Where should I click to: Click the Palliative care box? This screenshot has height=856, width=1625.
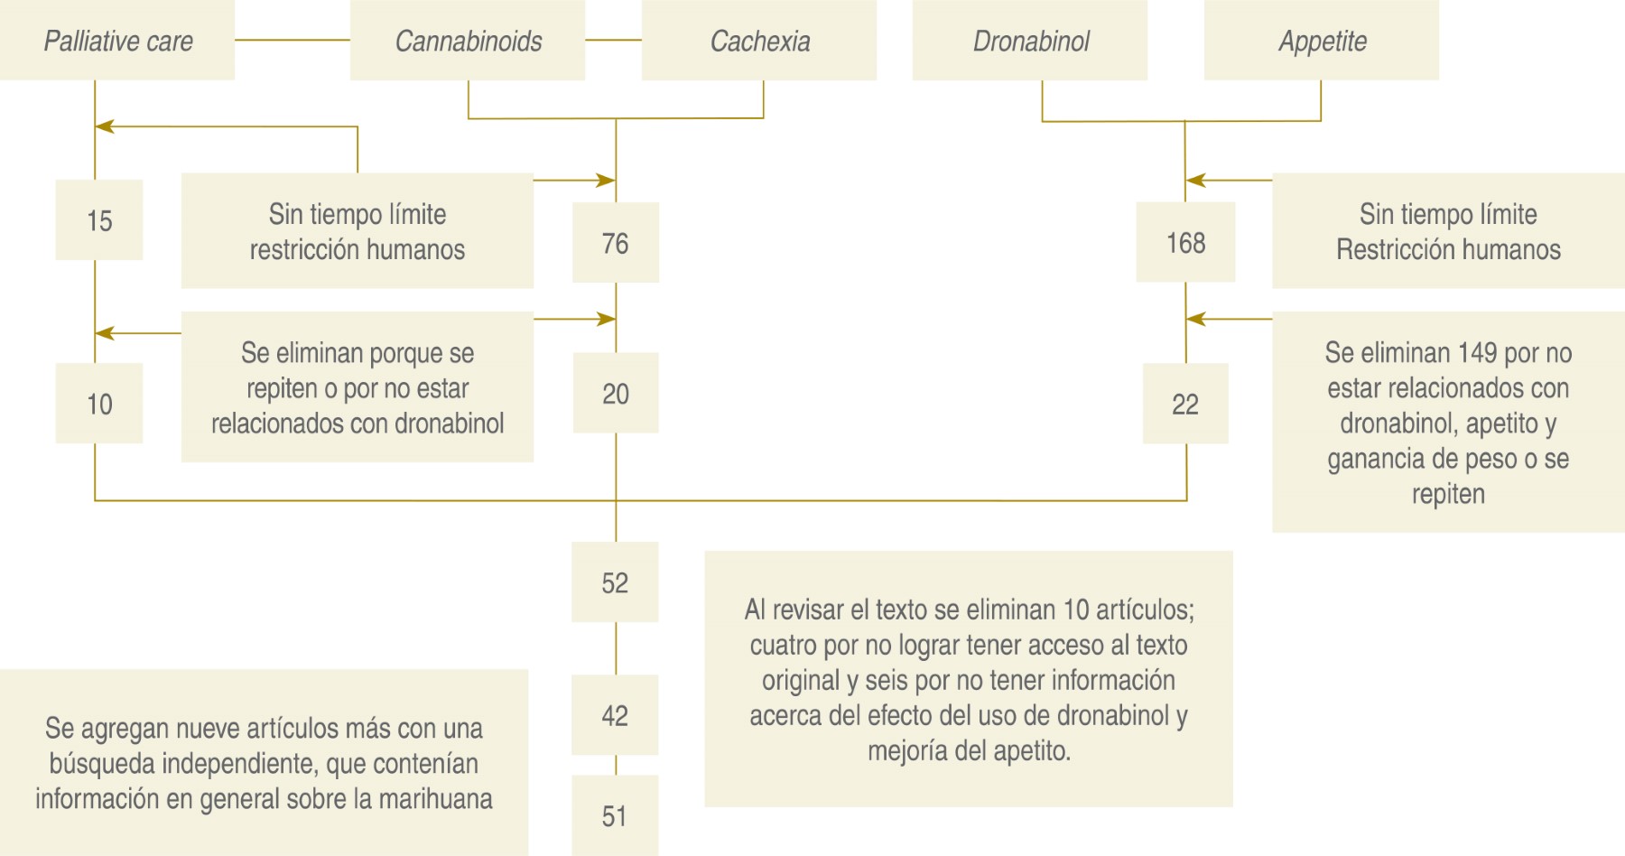(117, 41)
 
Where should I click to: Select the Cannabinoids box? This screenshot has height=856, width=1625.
(468, 41)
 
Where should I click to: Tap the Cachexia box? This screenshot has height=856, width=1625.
(759, 41)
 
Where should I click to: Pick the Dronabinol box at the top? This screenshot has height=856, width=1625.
(1030, 41)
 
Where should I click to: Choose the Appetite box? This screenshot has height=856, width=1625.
(1322, 41)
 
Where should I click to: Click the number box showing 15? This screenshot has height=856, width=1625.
(99, 220)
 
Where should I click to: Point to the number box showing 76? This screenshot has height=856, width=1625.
(616, 243)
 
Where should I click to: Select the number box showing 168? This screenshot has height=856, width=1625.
(1185, 243)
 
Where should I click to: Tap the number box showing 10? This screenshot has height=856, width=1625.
(99, 404)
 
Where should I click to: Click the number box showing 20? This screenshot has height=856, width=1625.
(616, 394)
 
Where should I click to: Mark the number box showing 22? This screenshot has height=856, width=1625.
(1185, 404)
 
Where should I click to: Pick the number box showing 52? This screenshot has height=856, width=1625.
(615, 582)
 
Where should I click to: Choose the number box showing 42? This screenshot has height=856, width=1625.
(615, 715)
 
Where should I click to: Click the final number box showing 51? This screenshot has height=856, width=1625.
(615, 815)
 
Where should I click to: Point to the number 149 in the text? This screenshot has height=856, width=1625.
(1472, 353)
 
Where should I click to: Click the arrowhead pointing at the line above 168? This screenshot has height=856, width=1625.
(1194, 181)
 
